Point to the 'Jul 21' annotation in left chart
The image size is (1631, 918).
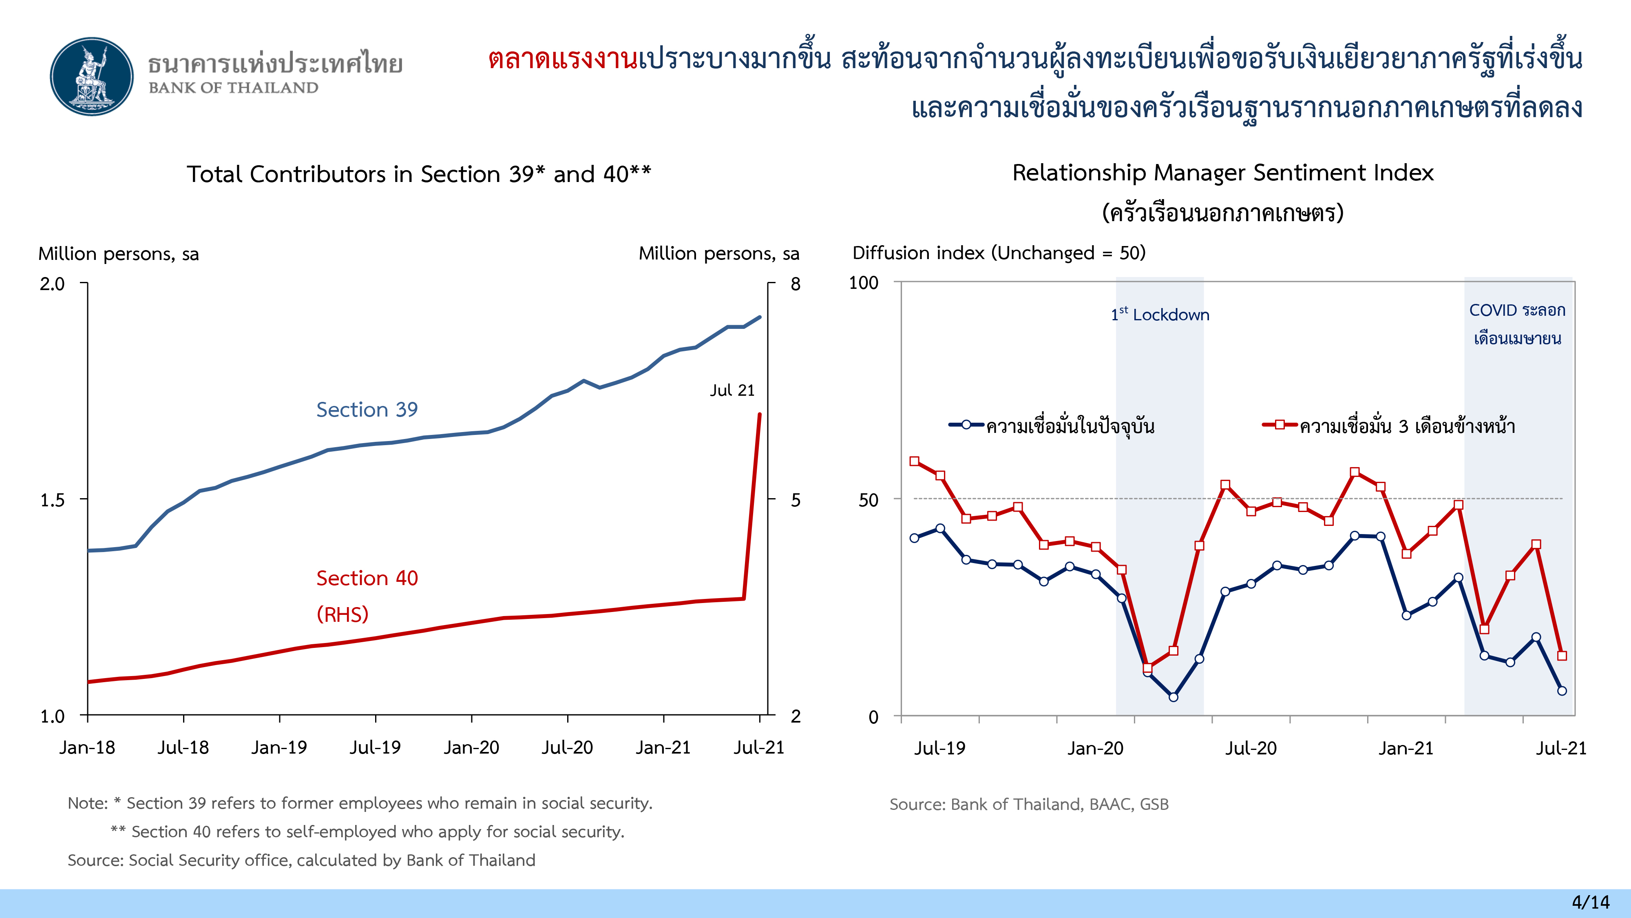click(x=732, y=390)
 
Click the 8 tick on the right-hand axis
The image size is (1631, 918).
click(x=795, y=284)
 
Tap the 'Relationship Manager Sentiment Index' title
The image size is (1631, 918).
click(x=1222, y=173)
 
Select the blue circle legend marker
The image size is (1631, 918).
click(x=966, y=425)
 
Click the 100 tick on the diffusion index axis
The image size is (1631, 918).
click(x=864, y=283)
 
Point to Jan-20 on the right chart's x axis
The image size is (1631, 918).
click(x=1095, y=749)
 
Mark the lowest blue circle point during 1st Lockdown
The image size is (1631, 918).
click(x=1173, y=697)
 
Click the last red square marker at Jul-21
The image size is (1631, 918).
click(x=1562, y=656)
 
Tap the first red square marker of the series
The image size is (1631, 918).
click(x=914, y=461)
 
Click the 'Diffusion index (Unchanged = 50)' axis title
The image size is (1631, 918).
click(x=999, y=253)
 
